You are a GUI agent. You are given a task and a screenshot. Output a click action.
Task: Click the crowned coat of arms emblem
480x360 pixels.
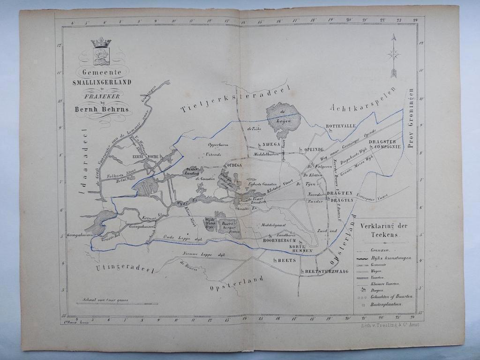(101, 52)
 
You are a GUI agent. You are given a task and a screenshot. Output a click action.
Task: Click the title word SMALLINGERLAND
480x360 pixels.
(102, 82)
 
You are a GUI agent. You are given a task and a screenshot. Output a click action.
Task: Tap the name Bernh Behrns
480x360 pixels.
(103, 110)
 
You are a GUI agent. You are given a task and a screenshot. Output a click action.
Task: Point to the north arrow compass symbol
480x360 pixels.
(394, 55)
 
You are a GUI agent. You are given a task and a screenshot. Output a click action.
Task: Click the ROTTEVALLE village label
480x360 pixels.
(341, 126)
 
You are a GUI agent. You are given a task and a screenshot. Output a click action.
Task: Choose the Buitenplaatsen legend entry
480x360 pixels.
(386, 304)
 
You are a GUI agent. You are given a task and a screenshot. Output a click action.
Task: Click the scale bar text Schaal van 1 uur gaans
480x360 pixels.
(105, 300)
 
